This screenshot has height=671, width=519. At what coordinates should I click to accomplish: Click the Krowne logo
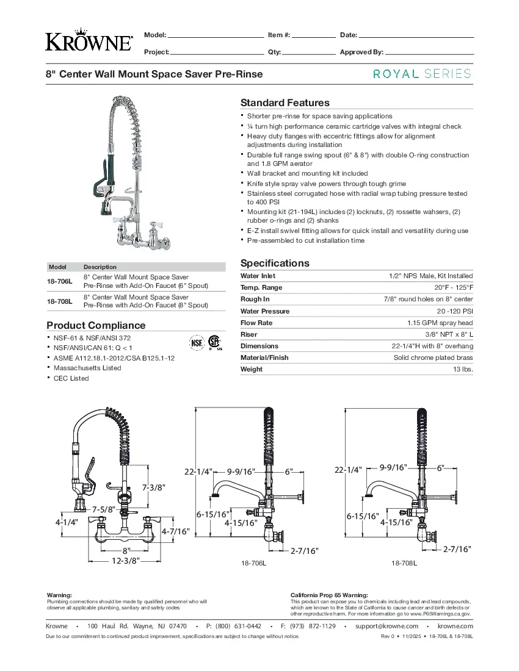(x=89, y=41)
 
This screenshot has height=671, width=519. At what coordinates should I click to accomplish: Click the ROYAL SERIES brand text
(x=423, y=74)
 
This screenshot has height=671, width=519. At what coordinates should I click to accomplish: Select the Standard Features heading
(x=285, y=102)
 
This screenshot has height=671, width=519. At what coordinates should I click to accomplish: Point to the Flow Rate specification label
(x=256, y=323)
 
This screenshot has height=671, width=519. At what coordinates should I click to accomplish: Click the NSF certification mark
(x=196, y=342)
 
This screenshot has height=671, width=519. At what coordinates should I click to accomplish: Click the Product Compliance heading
(x=96, y=325)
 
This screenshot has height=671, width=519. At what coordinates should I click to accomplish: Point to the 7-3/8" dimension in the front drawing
(x=154, y=487)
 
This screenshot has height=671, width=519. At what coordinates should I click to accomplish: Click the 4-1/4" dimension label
(x=67, y=522)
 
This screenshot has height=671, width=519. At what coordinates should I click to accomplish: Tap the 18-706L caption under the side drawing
(x=254, y=564)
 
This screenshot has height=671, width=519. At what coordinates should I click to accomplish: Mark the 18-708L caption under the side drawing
(x=404, y=564)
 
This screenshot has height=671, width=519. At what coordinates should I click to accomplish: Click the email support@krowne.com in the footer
(x=386, y=626)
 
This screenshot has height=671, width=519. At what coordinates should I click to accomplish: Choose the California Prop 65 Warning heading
(x=328, y=595)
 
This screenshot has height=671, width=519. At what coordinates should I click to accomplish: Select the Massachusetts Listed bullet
(x=87, y=368)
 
